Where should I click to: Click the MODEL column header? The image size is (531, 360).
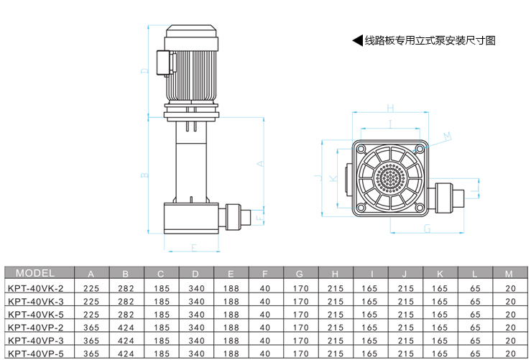coord(35,273)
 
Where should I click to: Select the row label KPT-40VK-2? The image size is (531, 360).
coord(35,289)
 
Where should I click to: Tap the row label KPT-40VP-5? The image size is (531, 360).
coord(35,354)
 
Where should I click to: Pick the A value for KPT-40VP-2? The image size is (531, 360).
coord(91,328)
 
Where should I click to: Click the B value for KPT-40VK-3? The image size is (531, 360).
coord(126,301)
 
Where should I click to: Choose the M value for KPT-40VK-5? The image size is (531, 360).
coord(510,315)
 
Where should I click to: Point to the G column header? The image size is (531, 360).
coord(300,274)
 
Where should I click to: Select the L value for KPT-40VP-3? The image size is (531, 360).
coord(475,341)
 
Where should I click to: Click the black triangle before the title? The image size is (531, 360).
coord(358,40)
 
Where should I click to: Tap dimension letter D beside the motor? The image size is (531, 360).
coord(144,71)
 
